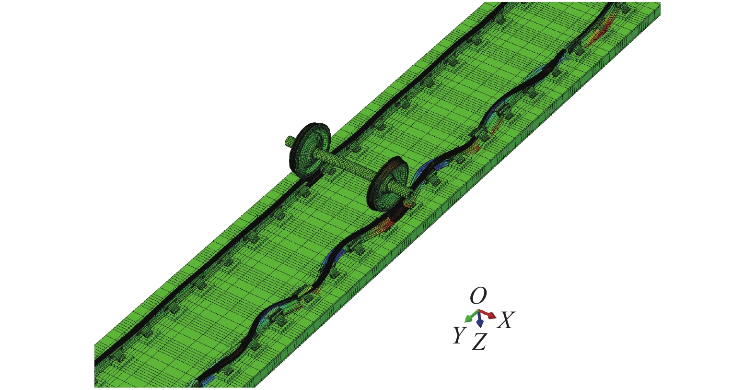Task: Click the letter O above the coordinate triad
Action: click(478, 296)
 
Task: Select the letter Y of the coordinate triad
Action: click(459, 335)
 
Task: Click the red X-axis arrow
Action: click(488, 314)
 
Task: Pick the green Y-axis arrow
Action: click(471, 316)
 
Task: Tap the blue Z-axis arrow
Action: click(480, 319)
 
